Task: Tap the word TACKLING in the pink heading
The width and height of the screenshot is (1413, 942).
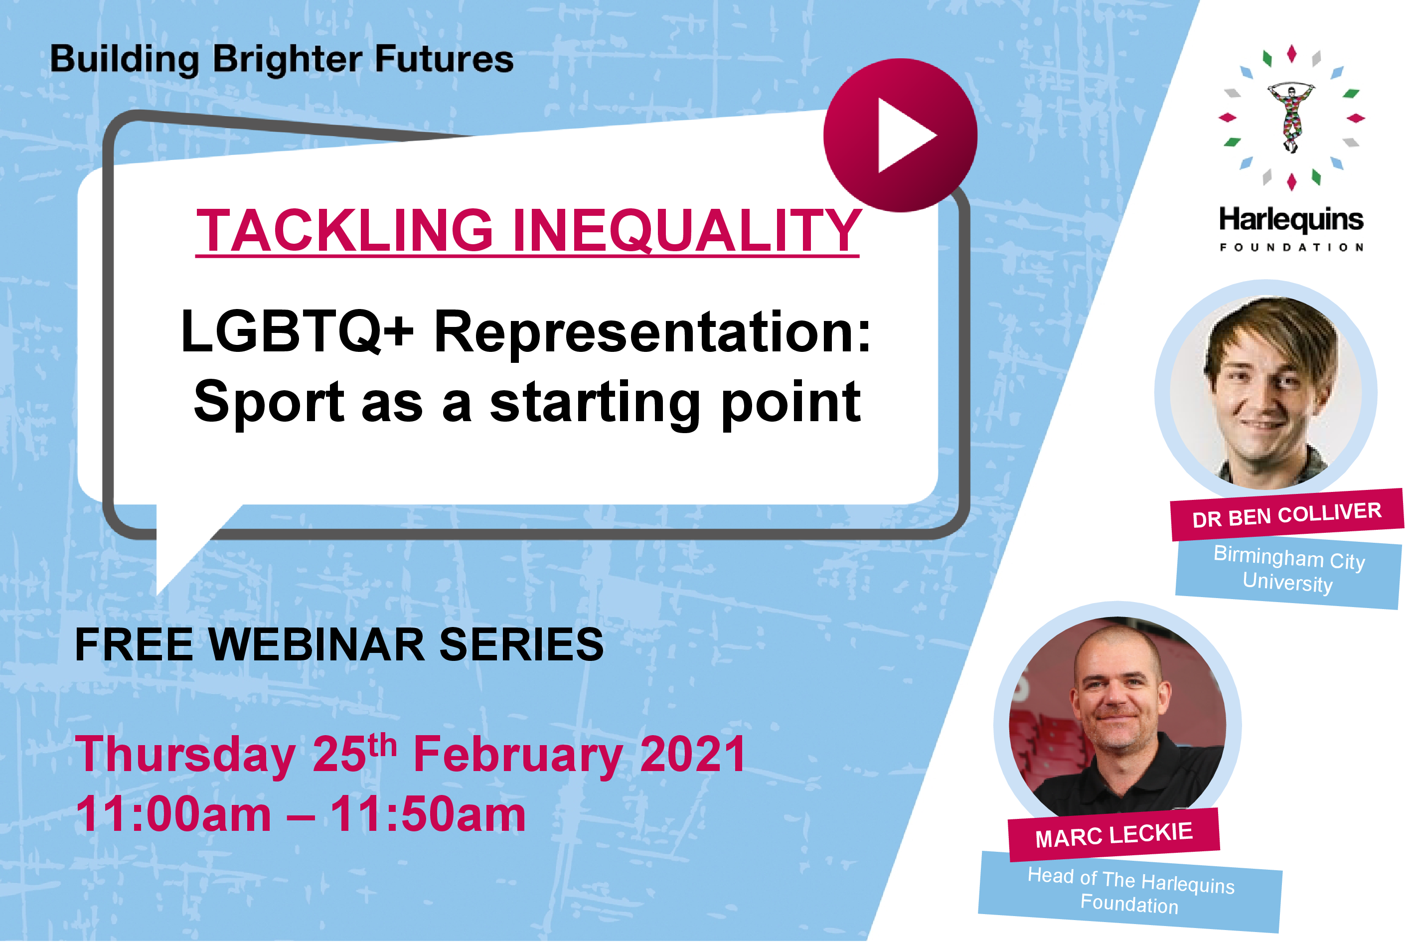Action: click(x=345, y=230)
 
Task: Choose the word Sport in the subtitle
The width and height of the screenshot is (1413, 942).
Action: click(x=269, y=404)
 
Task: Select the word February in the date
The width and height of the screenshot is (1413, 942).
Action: click(x=519, y=756)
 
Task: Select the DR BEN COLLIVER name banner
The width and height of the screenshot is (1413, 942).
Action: click(x=1287, y=515)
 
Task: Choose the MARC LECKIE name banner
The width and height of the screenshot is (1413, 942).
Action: click(x=1114, y=835)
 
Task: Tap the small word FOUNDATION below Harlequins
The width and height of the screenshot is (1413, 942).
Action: click(x=1292, y=248)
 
